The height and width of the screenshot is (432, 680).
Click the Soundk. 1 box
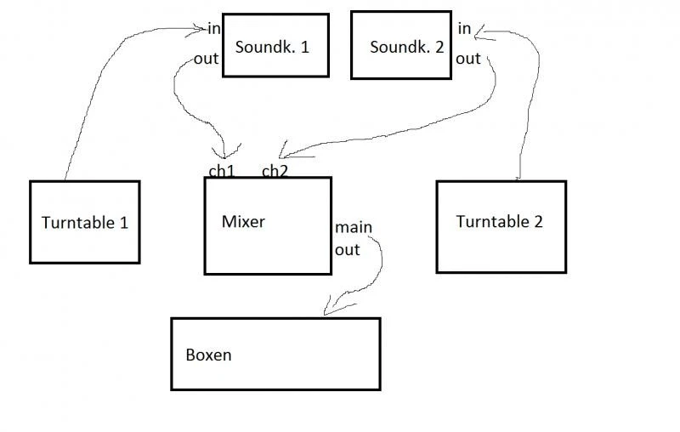click(275, 45)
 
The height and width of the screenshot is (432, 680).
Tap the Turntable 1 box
click(84, 222)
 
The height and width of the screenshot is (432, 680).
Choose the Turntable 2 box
click(501, 226)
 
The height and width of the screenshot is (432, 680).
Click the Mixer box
click(268, 225)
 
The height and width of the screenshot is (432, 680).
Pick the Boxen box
click(275, 354)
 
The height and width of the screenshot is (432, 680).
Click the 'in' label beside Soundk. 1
click(213, 29)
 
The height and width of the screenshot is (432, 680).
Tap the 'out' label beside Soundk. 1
click(207, 59)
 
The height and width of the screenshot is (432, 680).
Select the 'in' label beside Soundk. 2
click(464, 29)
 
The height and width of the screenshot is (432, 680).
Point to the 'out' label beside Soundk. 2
click(468, 59)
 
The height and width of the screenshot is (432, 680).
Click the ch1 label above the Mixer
click(222, 171)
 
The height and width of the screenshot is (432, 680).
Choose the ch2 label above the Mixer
click(275, 171)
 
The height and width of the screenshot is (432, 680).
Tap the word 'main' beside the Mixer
click(353, 228)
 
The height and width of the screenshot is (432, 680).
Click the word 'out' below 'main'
click(347, 250)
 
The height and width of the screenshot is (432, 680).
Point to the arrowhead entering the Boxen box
click(330, 307)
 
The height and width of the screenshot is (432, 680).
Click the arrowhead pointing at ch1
click(224, 154)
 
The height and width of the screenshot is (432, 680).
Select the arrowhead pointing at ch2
click(286, 156)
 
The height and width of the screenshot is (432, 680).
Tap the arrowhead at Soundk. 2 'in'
click(481, 32)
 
